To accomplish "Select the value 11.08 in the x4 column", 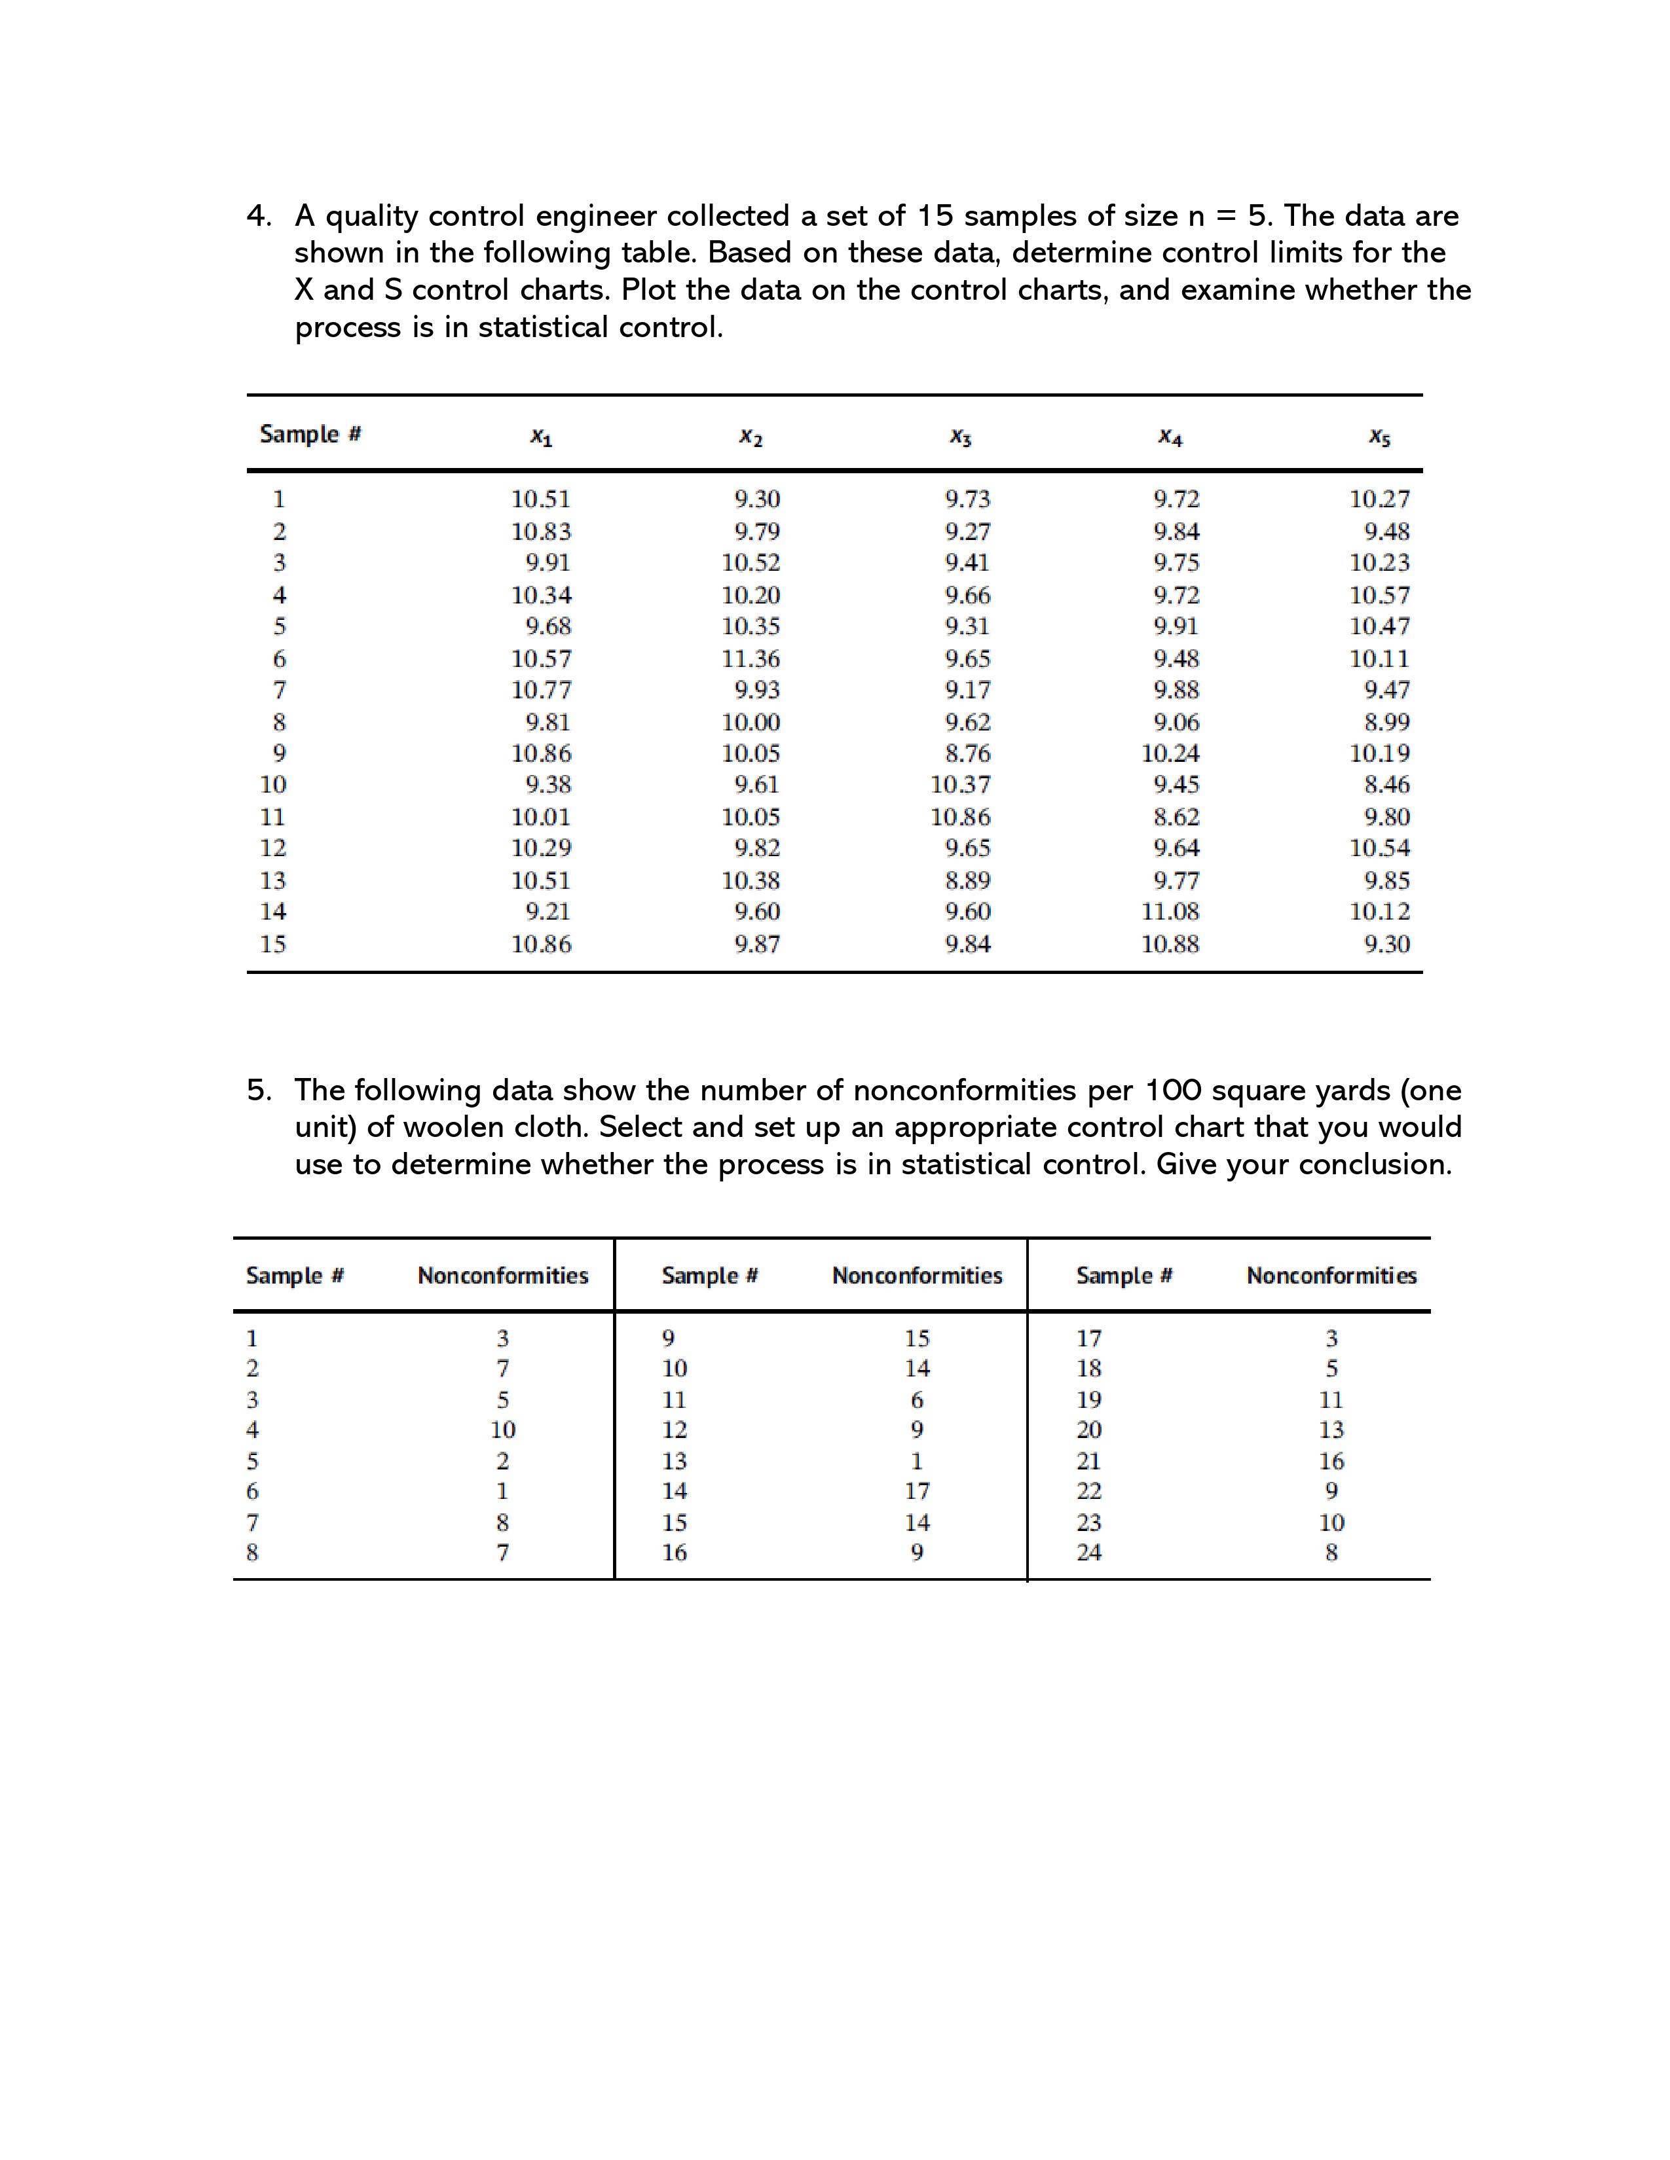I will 1170,912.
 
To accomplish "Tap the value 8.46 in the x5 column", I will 1386,785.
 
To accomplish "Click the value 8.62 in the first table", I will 1176,817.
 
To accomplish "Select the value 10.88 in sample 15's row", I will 1170,945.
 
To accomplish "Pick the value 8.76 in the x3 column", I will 967,753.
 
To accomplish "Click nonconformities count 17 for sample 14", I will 916,1492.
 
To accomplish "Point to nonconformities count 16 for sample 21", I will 1331,1462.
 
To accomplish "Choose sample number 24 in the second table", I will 1088,1553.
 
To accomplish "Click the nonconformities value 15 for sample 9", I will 916,1339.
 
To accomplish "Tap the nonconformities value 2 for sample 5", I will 502,1462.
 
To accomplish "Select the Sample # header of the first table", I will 310,434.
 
